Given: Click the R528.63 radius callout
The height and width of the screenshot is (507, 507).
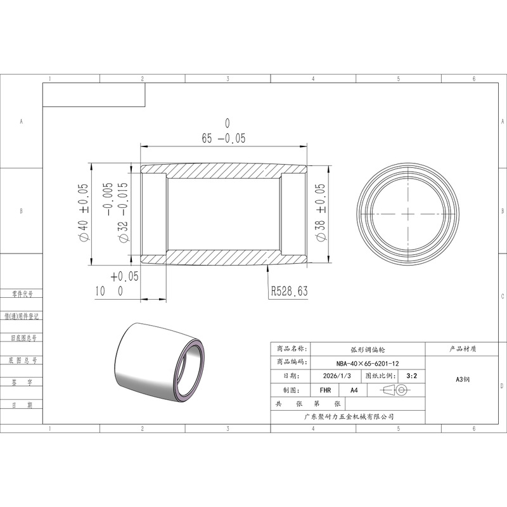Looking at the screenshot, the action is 289,291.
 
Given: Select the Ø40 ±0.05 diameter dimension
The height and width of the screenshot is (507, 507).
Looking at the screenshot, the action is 83,212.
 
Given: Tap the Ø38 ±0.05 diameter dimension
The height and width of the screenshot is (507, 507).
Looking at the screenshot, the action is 320,212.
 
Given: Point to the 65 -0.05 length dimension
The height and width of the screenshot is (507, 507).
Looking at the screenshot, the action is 224,138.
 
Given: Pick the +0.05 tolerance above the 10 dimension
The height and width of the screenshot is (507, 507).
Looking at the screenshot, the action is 124,276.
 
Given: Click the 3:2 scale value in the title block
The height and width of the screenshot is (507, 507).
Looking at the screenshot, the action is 411,376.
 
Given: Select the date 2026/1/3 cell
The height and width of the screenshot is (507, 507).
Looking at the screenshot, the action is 337,376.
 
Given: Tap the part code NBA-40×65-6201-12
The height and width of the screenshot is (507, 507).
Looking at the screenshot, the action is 368,363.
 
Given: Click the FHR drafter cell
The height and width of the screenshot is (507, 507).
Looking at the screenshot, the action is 325,390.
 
